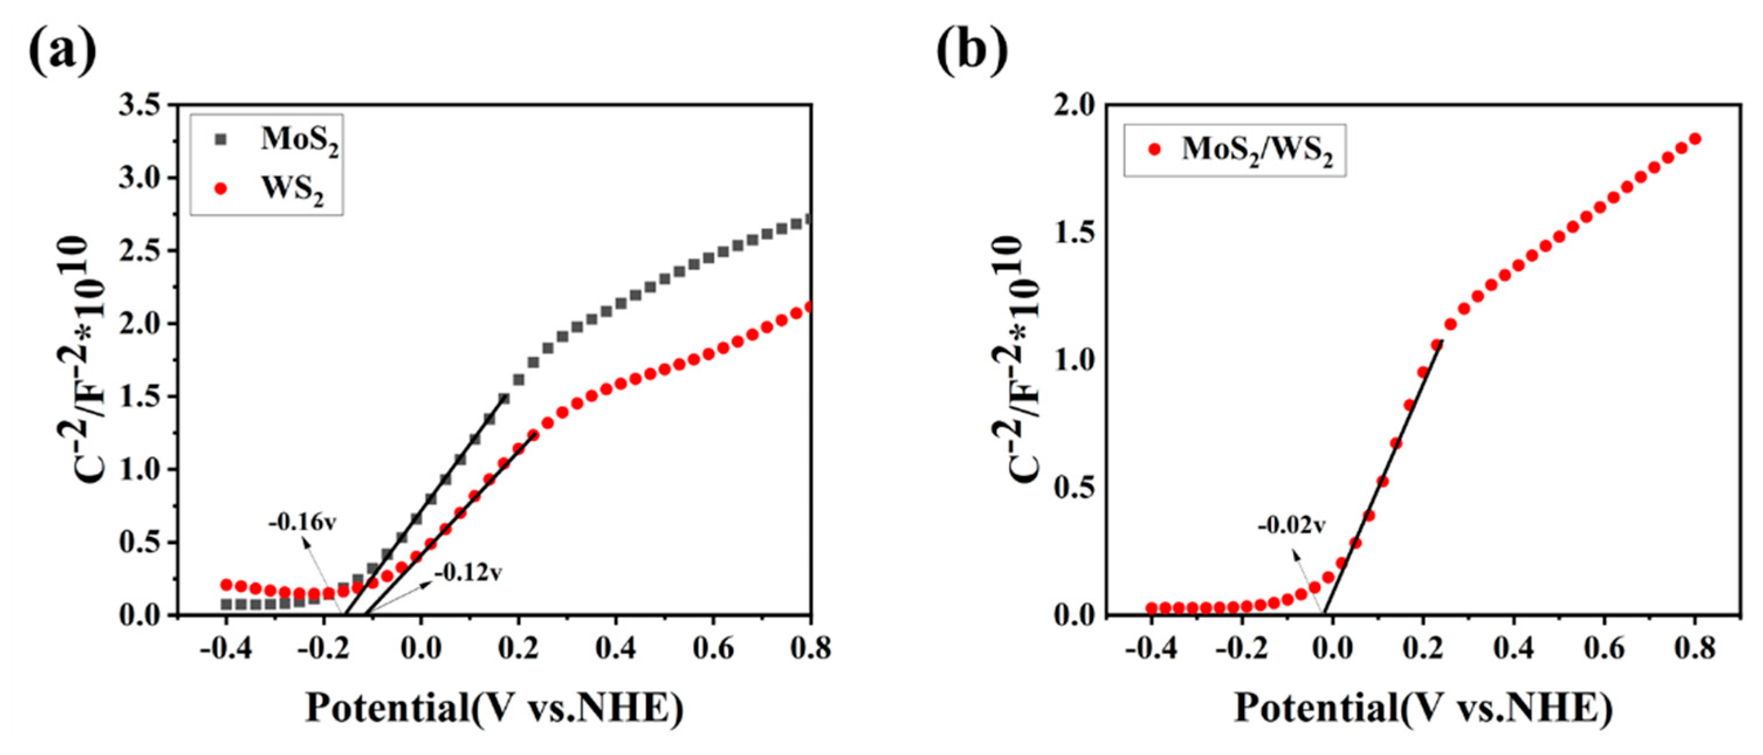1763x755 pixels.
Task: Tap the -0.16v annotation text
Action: (x=302, y=523)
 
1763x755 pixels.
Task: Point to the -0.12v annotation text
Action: (x=468, y=572)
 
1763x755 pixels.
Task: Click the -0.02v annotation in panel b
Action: (x=1292, y=526)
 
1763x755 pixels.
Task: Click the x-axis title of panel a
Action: (x=494, y=708)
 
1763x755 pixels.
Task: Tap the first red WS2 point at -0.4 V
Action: (x=226, y=585)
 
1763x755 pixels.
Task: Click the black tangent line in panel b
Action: (x=1382, y=479)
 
